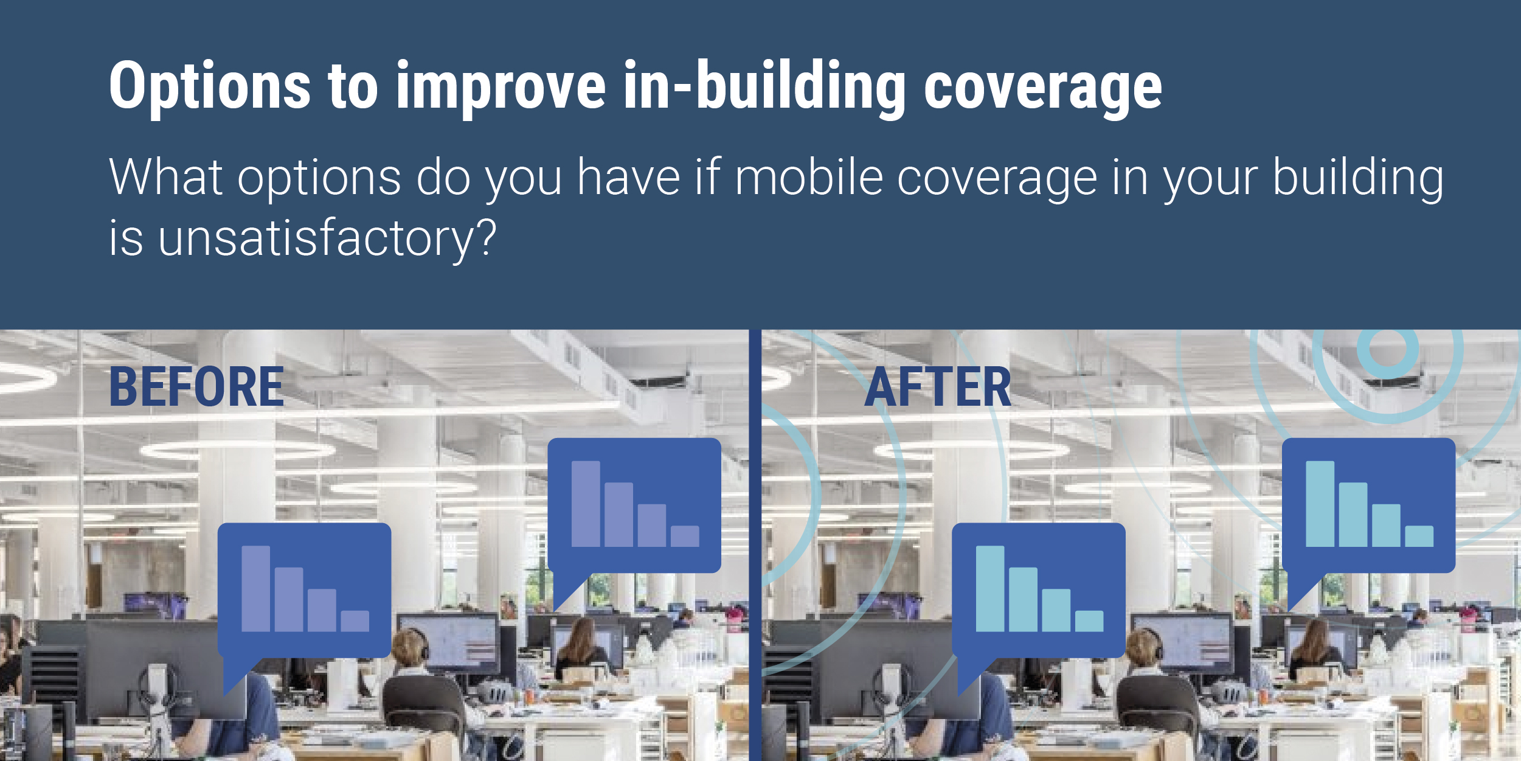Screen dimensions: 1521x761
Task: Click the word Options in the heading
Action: click(210, 86)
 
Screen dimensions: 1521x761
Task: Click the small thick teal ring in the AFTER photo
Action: click(1387, 349)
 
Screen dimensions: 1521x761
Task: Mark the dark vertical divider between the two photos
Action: click(755, 545)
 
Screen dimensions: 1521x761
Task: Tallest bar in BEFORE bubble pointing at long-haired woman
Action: click(586, 504)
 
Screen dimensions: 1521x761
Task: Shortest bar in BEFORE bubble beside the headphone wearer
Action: click(355, 621)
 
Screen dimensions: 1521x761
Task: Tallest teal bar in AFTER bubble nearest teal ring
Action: click(1320, 504)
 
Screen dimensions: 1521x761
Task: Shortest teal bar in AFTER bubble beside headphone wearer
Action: click(1089, 621)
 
